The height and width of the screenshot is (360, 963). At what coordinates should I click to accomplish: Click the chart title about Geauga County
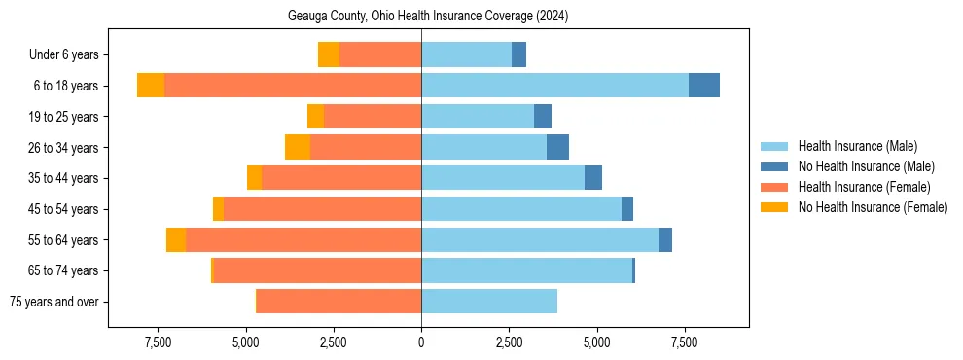428,17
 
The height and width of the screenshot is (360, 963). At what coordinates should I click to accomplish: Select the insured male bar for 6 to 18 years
554,86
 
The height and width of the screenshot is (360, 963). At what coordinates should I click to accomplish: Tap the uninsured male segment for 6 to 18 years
704,86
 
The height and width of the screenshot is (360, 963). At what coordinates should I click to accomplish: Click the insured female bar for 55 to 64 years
547,239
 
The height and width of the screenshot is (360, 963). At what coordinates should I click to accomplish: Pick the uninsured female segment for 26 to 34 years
298,147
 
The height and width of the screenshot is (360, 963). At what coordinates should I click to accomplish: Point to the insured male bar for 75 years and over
489,302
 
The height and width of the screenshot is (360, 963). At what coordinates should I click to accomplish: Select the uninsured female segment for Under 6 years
329,54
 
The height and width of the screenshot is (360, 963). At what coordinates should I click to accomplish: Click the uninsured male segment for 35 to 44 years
593,178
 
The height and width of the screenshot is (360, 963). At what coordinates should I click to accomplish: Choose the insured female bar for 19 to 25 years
373,117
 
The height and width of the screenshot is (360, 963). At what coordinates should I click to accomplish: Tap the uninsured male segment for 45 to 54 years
627,209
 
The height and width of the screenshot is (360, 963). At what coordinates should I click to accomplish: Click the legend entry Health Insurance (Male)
857,146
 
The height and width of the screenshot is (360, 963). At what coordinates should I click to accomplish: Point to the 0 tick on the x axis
421,342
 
